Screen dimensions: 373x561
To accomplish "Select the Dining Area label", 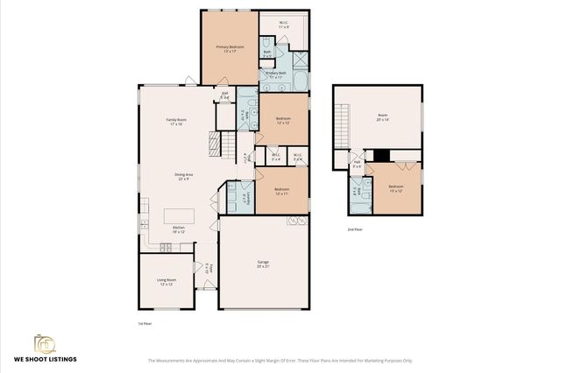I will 184,177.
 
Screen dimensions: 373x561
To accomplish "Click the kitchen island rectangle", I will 179,215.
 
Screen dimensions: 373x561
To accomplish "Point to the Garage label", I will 263,264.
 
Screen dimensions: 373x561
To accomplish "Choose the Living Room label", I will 167,282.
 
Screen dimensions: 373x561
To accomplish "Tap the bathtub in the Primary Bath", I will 300,82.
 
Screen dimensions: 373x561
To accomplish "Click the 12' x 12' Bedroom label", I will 282,120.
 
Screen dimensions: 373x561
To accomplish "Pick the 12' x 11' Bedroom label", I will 281,191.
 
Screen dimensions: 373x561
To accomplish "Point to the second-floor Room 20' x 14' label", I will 382,116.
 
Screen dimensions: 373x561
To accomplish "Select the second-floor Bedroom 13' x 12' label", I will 396,188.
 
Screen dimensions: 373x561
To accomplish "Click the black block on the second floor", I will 380,156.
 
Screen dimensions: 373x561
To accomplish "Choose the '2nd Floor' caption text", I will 356,229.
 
